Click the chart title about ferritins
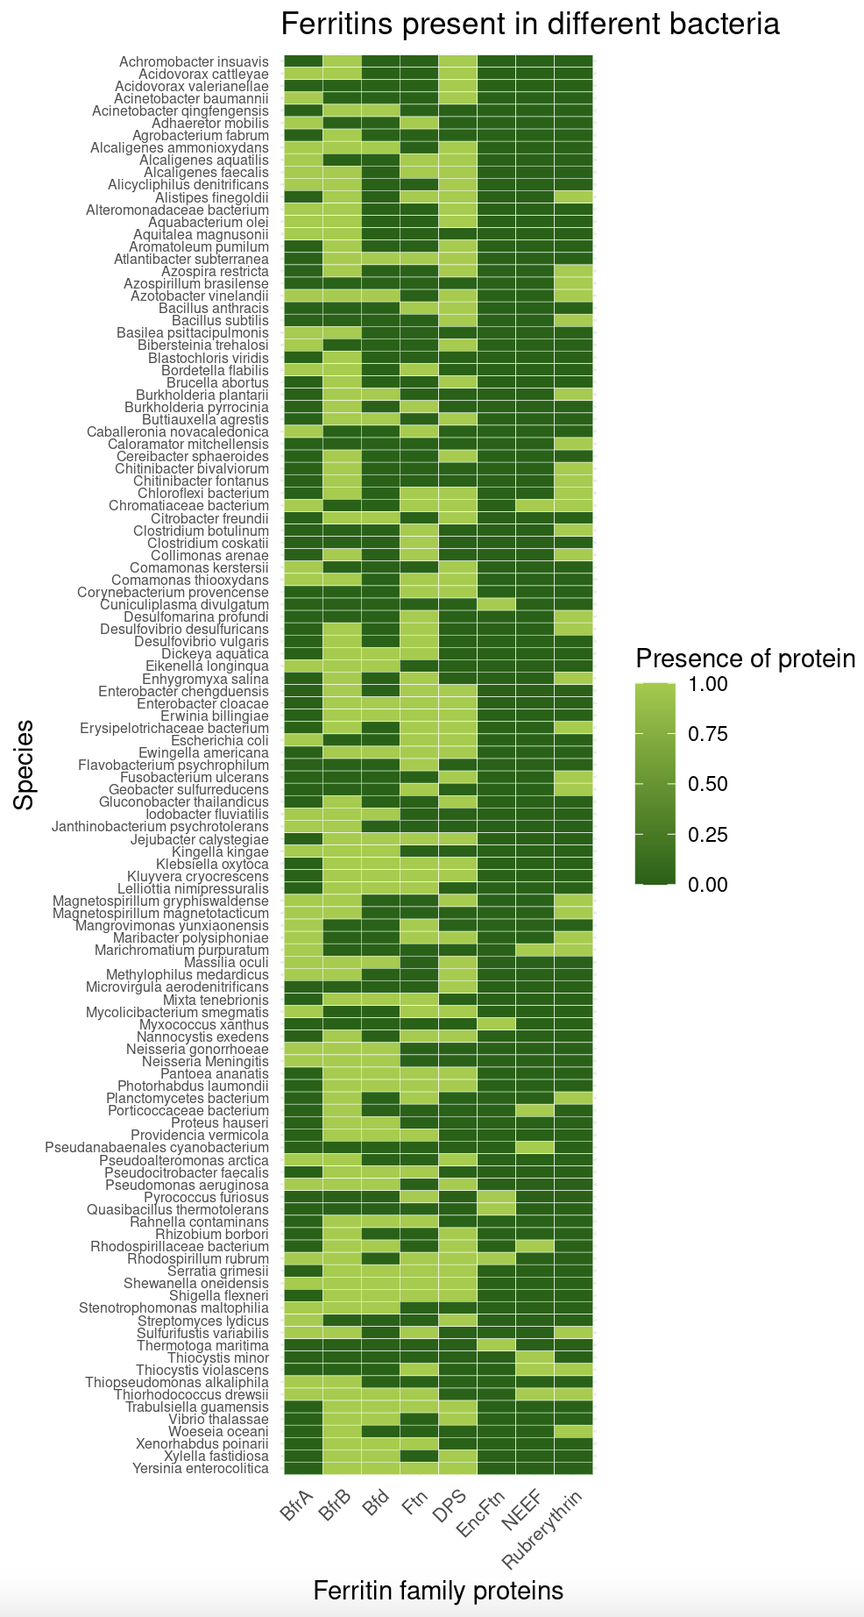[529, 24]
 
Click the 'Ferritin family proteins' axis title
[437, 1590]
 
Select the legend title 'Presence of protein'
[745, 658]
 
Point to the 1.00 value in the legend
[708, 683]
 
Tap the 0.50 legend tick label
[708, 784]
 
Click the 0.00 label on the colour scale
[708, 885]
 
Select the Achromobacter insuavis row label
[194, 62]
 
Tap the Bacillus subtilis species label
[220, 321]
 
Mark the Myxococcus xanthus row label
[204, 1024]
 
